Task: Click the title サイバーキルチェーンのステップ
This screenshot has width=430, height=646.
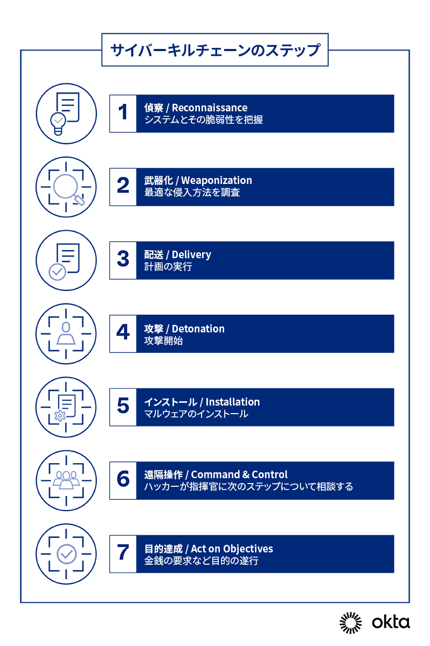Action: [x=215, y=50]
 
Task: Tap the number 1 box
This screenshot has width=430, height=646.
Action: [x=123, y=113]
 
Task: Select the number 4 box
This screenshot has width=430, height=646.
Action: [x=123, y=333]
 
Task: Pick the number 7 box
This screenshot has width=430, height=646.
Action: [x=123, y=553]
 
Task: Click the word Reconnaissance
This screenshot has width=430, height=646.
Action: [x=210, y=108]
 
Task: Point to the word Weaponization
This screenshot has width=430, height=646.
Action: [x=217, y=181]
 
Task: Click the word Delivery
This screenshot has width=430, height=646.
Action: [x=191, y=255]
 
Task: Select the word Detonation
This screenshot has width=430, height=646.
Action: [x=198, y=329]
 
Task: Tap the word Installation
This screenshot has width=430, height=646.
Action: [x=233, y=402]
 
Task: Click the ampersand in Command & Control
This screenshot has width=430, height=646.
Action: [x=246, y=475]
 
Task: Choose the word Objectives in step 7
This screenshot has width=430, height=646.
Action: [x=248, y=549]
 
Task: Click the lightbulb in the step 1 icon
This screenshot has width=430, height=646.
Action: [x=58, y=123]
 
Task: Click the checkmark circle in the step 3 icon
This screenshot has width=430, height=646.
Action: [x=58, y=272]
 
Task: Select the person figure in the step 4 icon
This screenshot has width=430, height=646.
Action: [x=66, y=333]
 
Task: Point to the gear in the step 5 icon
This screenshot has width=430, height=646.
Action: [x=60, y=416]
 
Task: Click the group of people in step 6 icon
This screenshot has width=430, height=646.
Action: [x=66, y=480]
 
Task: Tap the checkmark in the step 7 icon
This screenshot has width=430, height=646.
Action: [x=67, y=553]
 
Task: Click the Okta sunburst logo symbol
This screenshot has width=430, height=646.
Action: [x=350, y=623]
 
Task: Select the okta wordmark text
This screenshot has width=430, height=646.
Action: [x=391, y=622]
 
